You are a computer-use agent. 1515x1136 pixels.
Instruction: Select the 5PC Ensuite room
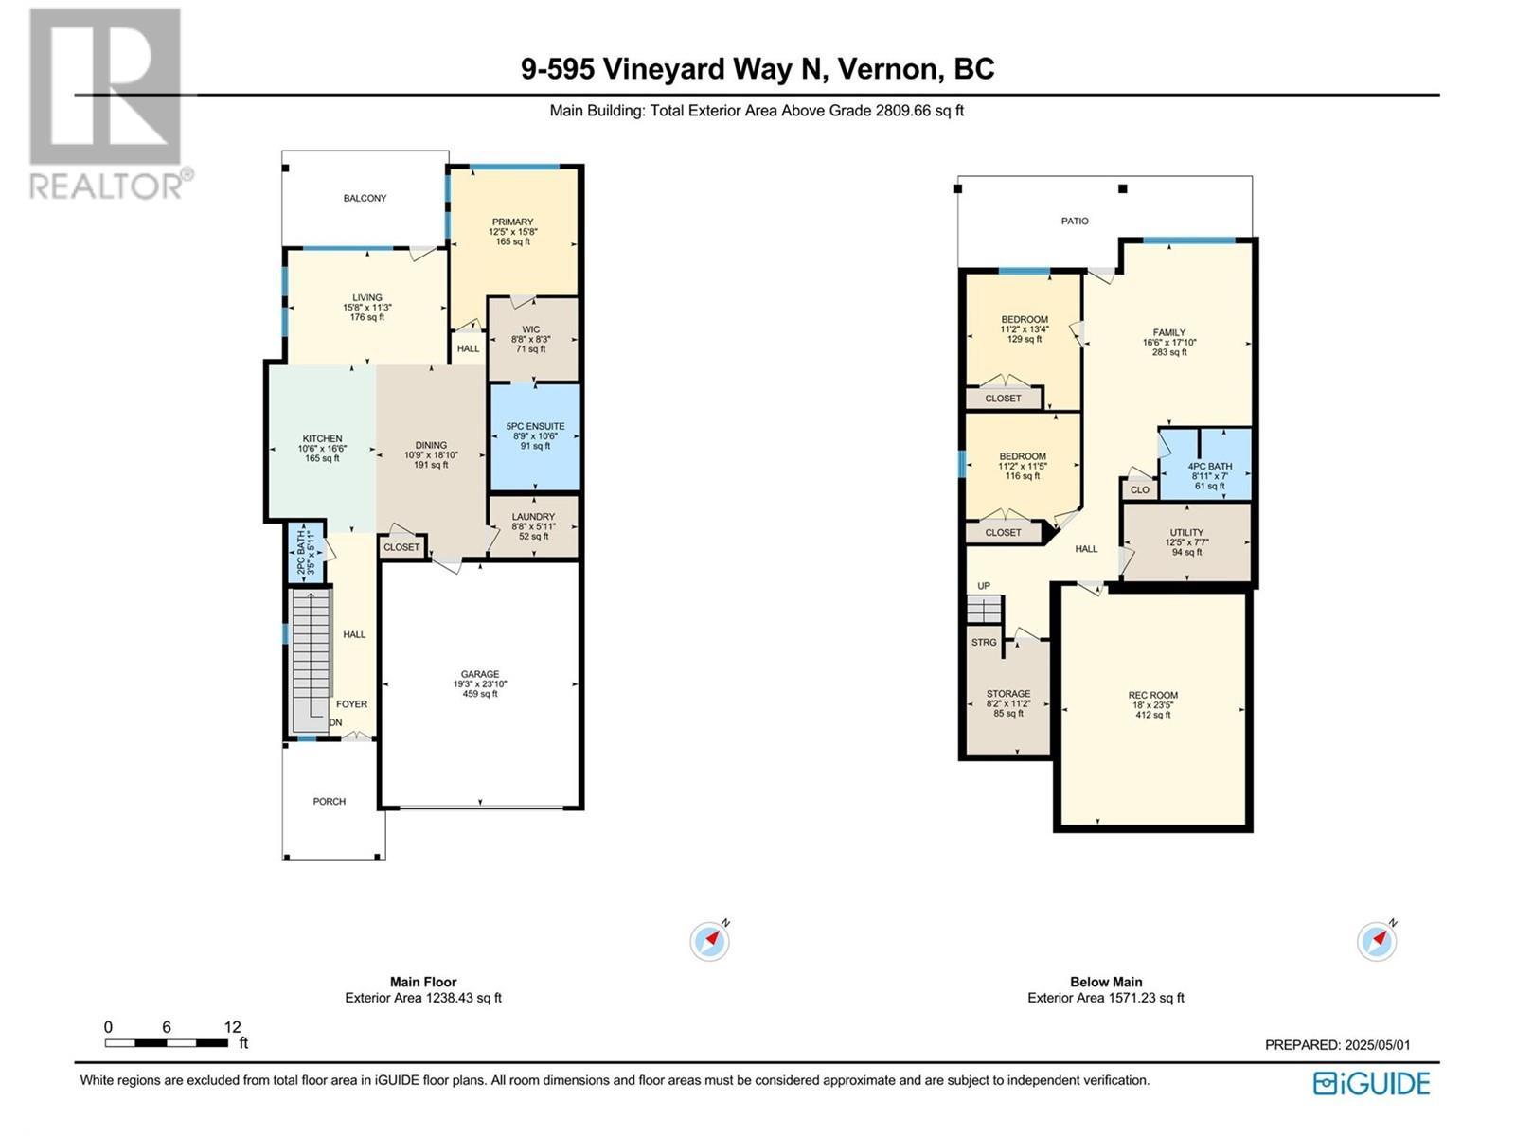coord(535,436)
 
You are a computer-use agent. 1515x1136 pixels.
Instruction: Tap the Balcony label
coord(365,198)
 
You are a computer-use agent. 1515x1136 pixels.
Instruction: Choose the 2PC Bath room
coord(306,553)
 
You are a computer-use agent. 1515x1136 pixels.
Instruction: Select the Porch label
coord(330,801)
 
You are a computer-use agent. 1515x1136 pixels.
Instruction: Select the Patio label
coord(1075,221)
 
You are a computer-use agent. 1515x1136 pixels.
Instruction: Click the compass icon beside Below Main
coord(1377,941)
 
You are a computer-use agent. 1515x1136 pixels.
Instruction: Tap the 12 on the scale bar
coord(232,1027)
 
